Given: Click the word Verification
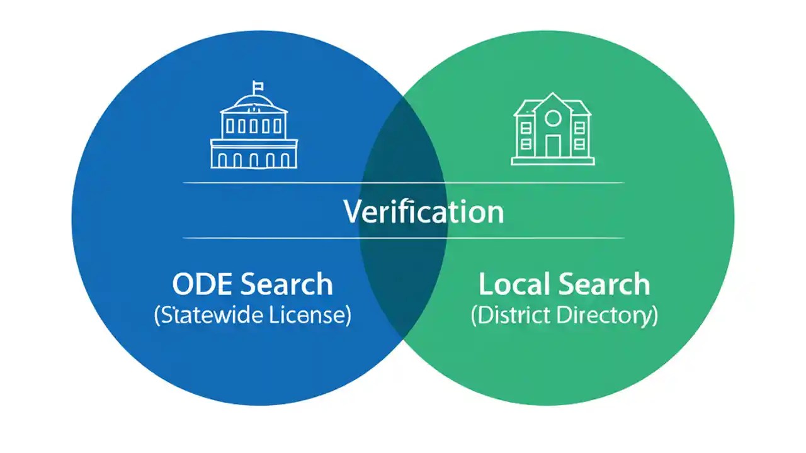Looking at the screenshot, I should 424,212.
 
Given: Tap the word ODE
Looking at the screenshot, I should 203,284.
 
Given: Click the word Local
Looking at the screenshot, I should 512,284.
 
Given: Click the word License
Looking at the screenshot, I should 308,315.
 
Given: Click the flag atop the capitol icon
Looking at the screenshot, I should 258,86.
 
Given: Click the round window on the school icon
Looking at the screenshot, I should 552,118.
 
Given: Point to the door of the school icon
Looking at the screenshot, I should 552,146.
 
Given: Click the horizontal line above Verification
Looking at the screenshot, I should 403,183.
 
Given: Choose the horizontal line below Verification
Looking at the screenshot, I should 403,238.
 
